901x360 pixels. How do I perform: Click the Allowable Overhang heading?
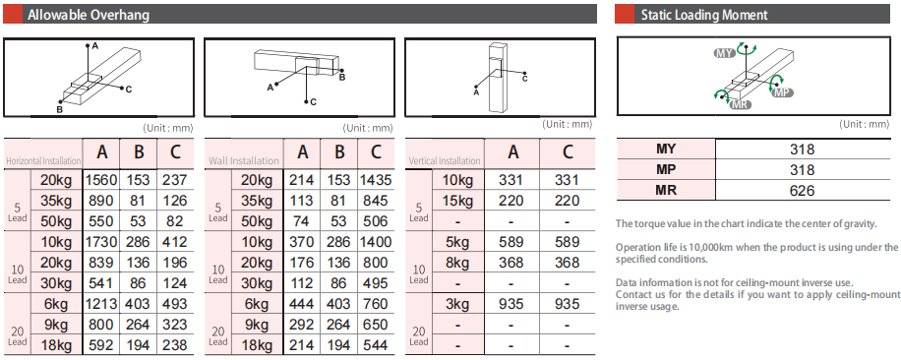(x=89, y=15)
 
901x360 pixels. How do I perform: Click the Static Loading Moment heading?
(x=704, y=15)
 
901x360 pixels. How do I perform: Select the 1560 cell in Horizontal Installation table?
(x=101, y=180)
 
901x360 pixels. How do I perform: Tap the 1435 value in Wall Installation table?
(x=376, y=180)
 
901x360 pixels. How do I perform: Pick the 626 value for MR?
(x=803, y=191)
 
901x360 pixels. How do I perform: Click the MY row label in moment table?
(x=666, y=150)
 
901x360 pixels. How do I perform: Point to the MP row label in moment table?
(x=666, y=170)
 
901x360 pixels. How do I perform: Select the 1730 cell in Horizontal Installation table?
(x=101, y=242)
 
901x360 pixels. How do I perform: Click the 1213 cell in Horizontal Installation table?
(x=101, y=304)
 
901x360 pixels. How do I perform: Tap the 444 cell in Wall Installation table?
(x=302, y=304)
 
